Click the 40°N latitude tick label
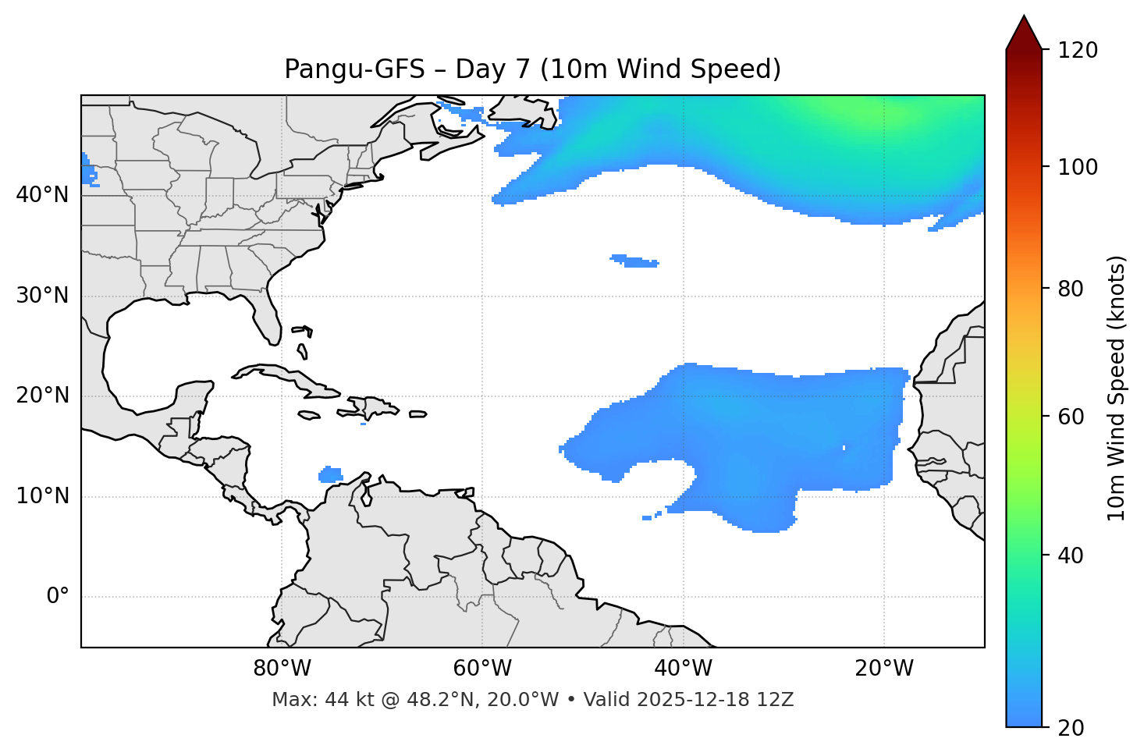[42, 195]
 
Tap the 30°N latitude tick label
[42, 296]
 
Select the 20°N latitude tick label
[42, 396]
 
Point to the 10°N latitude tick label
[42, 496]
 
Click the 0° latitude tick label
[58, 597]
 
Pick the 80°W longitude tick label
[282, 669]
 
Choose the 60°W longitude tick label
[482, 669]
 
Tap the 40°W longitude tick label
[684, 669]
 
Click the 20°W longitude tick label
[884, 669]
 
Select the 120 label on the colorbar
[1077, 50]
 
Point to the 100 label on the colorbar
[1077, 167]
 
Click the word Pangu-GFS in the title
[354, 69]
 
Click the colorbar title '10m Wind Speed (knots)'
[1117, 389]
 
